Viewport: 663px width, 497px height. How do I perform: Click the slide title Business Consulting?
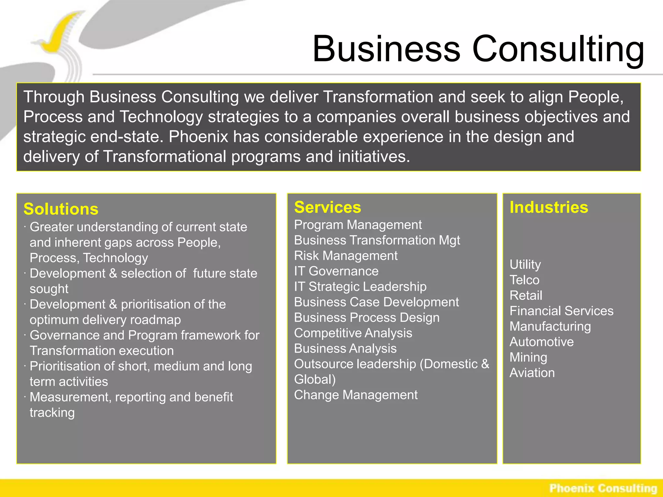click(478, 49)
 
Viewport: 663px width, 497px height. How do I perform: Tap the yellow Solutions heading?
click(61, 209)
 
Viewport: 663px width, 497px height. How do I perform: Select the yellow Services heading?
click(327, 207)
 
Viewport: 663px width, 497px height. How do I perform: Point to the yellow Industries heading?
click(549, 207)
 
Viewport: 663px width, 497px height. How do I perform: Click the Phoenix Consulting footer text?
click(603, 488)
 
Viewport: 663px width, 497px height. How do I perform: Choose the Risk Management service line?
click(345, 256)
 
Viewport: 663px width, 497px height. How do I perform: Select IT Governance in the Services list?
click(336, 271)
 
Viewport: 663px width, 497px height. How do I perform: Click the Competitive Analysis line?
click(353, 333)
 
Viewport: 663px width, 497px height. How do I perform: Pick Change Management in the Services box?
click(355, 395)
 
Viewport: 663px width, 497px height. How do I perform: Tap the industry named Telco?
click(524, 280)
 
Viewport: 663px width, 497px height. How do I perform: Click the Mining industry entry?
click(528, 357)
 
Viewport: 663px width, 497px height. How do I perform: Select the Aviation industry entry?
click(532, 373)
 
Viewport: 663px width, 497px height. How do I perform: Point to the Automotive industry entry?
click(542, 342)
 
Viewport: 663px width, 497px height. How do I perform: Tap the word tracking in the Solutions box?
click(52, 413)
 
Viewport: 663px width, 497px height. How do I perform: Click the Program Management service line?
click(358, 225)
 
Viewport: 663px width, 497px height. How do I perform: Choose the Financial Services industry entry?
click(561, 311)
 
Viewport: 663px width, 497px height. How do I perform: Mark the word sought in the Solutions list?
click(49, 289)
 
